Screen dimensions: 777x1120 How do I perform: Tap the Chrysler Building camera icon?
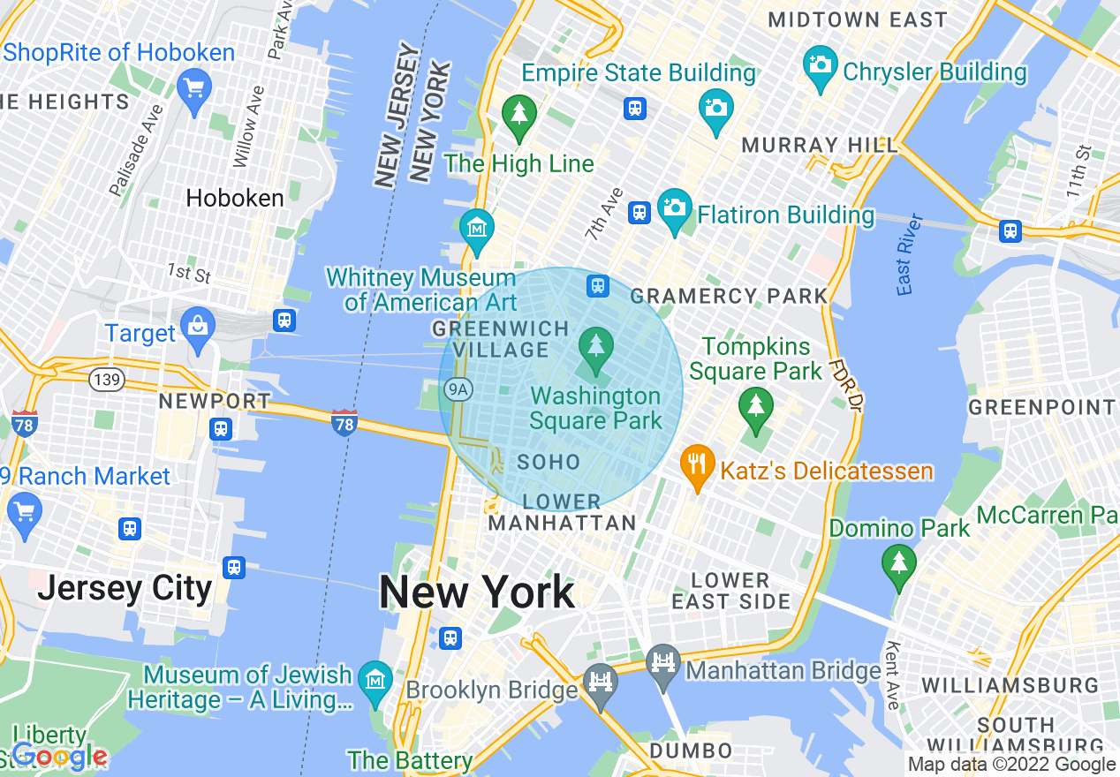(821, 66)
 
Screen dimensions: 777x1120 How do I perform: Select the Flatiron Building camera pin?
(675, 208)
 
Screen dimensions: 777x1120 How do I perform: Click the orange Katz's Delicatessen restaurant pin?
(698, 464)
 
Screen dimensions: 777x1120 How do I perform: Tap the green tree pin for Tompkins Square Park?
(755, 407)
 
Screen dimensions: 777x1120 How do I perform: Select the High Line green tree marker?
(519, 116)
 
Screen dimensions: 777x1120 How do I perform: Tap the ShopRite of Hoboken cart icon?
(193, 89)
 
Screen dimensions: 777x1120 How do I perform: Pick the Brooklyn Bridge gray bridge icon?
(601, 683)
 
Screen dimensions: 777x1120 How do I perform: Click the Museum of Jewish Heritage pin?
(377, 681)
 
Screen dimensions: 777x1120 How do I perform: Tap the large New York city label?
(477, 592)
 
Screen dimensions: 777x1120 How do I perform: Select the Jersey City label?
(125, 588)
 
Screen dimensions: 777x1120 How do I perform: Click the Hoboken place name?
(235, 198)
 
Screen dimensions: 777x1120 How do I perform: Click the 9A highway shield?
(458, 388)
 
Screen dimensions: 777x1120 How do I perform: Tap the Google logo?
(59, 756)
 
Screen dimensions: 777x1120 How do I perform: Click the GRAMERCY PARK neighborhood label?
(730, 296)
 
